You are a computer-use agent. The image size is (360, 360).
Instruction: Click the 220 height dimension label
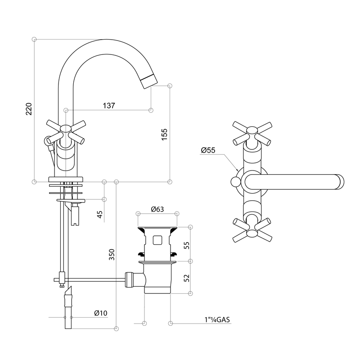point(29,109)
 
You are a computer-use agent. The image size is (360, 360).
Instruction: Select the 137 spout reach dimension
point(109,106)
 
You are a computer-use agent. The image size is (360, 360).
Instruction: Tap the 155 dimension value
point(164,135)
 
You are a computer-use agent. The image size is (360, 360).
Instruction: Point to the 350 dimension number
point(112,254)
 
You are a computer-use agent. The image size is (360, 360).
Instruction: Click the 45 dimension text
point(100,215)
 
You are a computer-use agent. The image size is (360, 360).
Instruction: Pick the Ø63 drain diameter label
point(157,209)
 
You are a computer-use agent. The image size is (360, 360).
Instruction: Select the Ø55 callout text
point(208,150)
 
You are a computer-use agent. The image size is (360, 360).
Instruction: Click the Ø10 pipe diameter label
point(101,313)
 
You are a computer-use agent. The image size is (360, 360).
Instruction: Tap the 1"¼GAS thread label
point(217,319)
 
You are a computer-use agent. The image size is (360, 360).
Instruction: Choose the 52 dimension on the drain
point(187,278)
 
